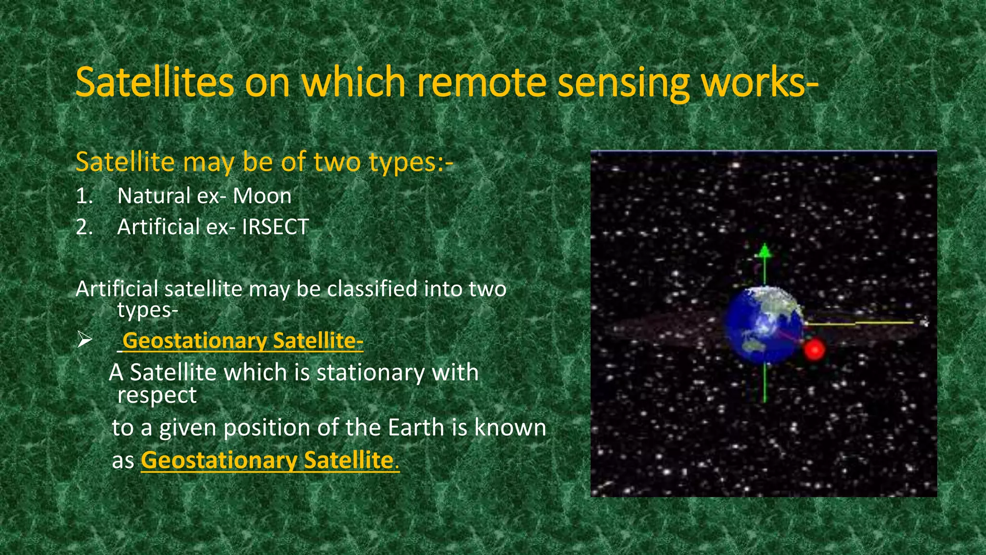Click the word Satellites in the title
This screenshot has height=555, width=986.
coord(155,82)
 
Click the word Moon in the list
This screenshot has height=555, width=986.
coord(262,196)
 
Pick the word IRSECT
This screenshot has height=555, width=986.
coord(275,227)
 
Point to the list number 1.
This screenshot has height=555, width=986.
coord(84,196)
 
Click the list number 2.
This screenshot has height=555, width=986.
coord(84,227)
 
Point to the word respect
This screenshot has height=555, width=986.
coord(156,396)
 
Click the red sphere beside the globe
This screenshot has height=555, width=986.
coord(814,350)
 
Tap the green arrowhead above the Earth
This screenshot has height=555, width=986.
coord(765,251)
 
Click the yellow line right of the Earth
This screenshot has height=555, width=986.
coord(867,323)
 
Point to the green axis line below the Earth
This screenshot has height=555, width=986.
coord(765,383)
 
